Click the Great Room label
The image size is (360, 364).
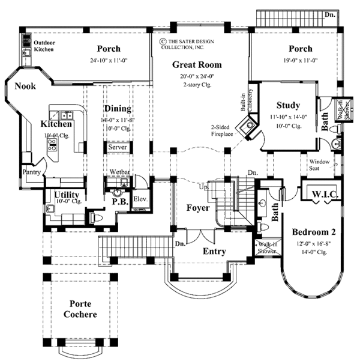[x=197, y=64]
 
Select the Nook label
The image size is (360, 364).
[x=25, y=86]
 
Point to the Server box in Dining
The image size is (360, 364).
[x=116, y=146]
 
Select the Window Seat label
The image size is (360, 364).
[x=318, y=164]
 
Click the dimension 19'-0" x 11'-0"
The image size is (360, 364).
[x=300, y=60]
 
